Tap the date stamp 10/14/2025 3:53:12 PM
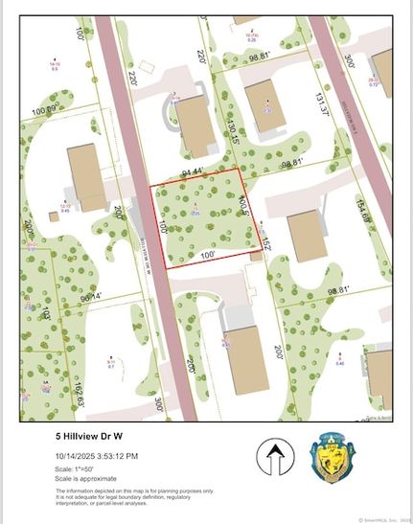click(x=95, y=456)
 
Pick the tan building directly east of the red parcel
click(x=306, y=235)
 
